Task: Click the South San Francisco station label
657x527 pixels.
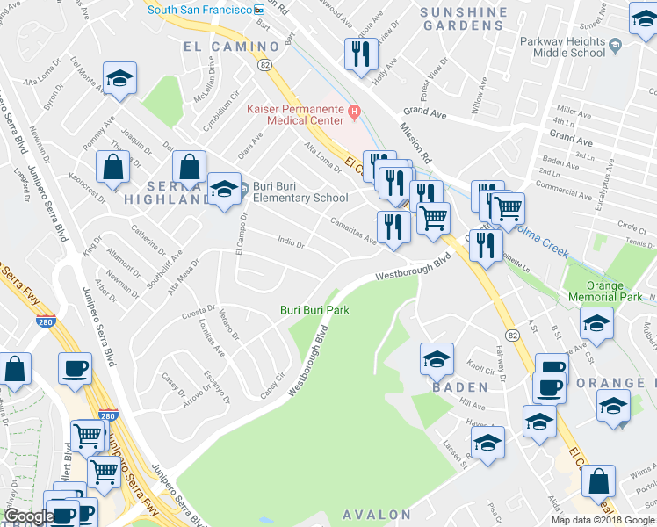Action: pyautogui.click(x=199, y=9)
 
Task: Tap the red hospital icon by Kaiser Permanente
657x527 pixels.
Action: pyautogui.click(x=354, y=111)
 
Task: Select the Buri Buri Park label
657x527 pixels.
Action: pyautogui.click(x=314, y=310)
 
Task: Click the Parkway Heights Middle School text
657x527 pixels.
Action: pyautogui.click(x=599, y=47)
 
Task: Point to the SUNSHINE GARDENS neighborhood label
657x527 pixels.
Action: pyautogui.click(x=464, y=19)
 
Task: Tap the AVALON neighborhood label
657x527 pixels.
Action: pyautogui.click(x=377, y=514)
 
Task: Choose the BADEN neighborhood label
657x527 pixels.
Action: pyautogui.click(x=459, y=386)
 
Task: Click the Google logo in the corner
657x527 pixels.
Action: pyautogui.click(x=29, y=516)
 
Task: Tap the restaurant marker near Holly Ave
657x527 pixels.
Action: pyautogui.click(x=360, y=54)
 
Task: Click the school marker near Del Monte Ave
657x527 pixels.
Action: pyautogui.click(x=119, y=77)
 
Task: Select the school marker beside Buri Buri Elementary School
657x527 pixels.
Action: pyautogui.click(x=225, y=188)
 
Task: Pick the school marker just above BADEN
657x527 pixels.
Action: pyautogui.click(x=437, y=358)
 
